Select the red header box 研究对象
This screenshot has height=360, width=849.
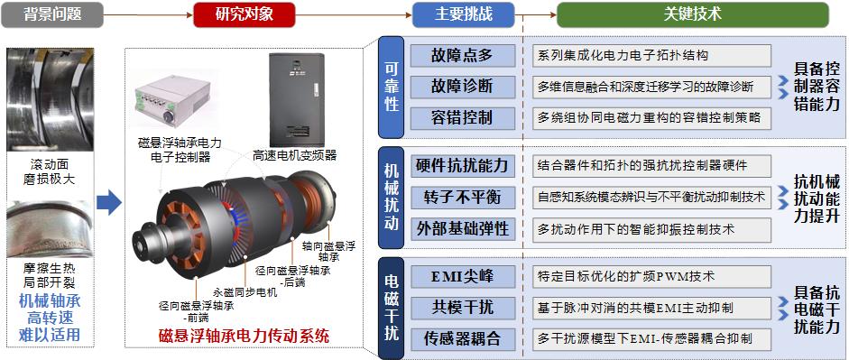click(244, 14)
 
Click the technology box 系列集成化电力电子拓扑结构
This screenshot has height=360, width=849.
click(651, 55)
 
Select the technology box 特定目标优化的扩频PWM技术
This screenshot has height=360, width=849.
click(651, 275)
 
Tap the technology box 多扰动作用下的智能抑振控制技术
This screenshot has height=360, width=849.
click(651, 228)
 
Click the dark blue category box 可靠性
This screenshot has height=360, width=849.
click(391, 87)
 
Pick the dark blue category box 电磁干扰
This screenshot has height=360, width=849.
click(391, 307)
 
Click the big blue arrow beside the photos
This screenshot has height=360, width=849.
click(108, 203)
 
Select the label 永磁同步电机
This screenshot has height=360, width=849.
click(245, 293)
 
